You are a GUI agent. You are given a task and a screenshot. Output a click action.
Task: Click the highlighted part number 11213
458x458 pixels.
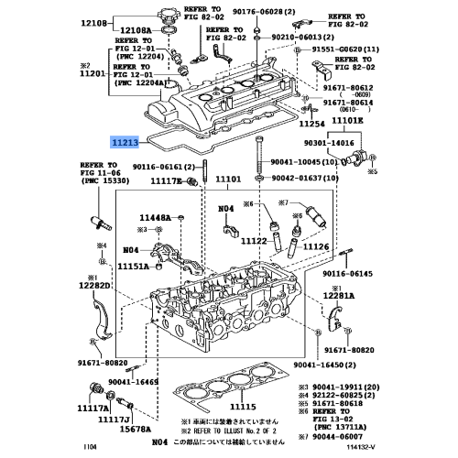(x=126, y=142)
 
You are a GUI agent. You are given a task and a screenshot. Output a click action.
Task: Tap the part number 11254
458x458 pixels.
(x=312, y=123)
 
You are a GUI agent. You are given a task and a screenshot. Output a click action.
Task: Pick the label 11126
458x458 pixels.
(x=315, y=245)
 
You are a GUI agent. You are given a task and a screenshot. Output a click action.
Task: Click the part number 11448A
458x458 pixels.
(x=157, y=217)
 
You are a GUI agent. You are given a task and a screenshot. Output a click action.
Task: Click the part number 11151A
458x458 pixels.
(x=134, y=267)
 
